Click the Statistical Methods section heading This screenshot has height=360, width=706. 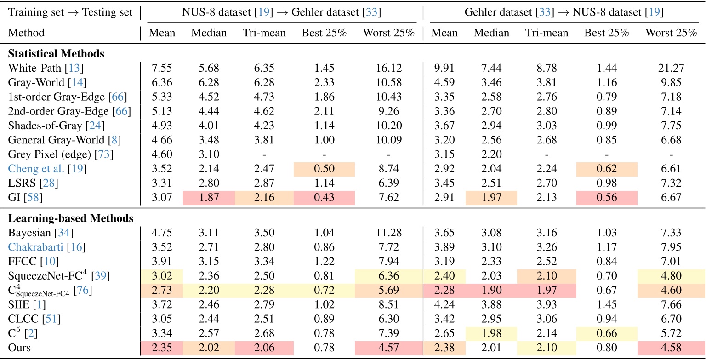(x=56, y=54)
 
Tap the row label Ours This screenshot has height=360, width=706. (x=19, y=347)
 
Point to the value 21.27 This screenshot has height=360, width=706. (x=671, y=69)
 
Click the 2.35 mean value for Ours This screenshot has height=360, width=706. (x=162, y=347)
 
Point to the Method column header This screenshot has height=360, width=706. (x=26, y=33)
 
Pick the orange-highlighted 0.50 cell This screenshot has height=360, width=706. (x=324, y=168)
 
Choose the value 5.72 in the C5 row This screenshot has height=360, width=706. (x=671, y=333)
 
